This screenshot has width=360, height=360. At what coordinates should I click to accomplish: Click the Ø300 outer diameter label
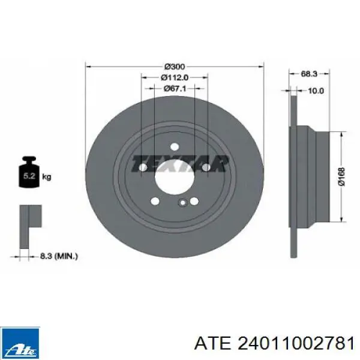(x=175, y=67)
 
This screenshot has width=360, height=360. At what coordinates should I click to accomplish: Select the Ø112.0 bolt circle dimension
(x=175, y=77)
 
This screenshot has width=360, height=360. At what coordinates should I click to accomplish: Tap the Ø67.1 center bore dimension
(x=175, y=88)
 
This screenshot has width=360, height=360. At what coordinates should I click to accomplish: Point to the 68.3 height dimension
(x=309, y=74)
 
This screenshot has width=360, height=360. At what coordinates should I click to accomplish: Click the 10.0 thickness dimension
(x=316, y=91)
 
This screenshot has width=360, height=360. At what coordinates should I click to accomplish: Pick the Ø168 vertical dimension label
(x=342, y=176)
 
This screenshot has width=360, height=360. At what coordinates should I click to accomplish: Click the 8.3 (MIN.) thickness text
(x=59, y=256)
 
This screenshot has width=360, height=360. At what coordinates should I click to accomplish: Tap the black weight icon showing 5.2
(x=29, y=172)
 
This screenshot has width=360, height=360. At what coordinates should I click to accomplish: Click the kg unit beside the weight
(x=47, y=177)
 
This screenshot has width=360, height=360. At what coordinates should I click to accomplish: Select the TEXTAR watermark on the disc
(x=180, y=163)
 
